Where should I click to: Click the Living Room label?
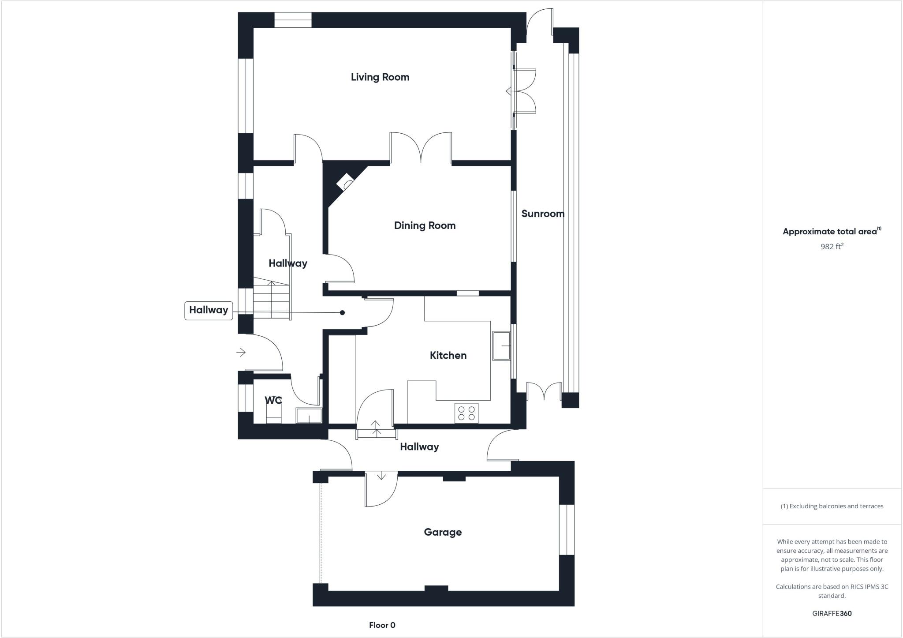click(380, 77)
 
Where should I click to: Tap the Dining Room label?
click(425, 225)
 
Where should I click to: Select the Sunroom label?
click(542, 214)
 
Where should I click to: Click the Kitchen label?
click(448, 355)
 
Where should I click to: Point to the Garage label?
click(443, 532)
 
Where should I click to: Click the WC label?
click(273, 400)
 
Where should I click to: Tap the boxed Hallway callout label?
click(209, 310)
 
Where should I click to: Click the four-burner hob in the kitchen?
click(466, 413)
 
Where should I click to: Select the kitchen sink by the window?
click(501, 346)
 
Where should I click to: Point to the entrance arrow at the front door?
click(241, 352)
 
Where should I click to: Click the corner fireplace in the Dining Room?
click(345, 182)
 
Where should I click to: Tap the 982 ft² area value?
click(832, 247)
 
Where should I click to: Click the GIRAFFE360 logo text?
click(832, 613)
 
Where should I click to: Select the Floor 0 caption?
click(382, 625)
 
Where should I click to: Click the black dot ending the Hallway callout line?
click(342, 313)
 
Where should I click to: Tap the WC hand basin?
click(309, 416)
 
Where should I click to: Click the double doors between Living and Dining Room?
click(421, 148)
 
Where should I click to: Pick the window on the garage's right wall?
click(567, 529)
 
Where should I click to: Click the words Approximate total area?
click(829, 232)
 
